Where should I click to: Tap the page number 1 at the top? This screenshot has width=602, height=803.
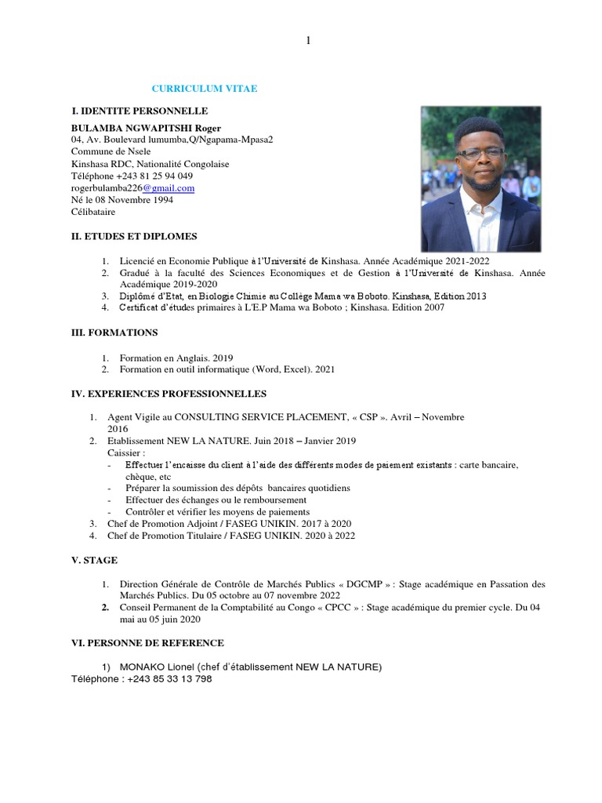[x=308, y=41]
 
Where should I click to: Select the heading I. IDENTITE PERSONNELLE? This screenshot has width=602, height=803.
[x=140, y=111]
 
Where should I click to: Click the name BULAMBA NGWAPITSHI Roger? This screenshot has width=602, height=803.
[x=146, y=128]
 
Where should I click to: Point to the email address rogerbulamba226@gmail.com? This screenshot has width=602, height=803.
[x=132, y=188]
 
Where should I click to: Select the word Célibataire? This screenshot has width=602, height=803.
[x=92, y=212]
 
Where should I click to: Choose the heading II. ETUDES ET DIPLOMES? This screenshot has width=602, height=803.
[x=134, y=236]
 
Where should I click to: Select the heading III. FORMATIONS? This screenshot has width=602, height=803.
[x=114, y=332]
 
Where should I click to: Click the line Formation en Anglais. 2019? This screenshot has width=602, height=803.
[x=176, y=357]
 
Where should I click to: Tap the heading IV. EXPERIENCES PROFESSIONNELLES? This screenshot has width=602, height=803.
[x=169, y=394]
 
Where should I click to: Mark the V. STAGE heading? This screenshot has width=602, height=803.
[x=94, y=560]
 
